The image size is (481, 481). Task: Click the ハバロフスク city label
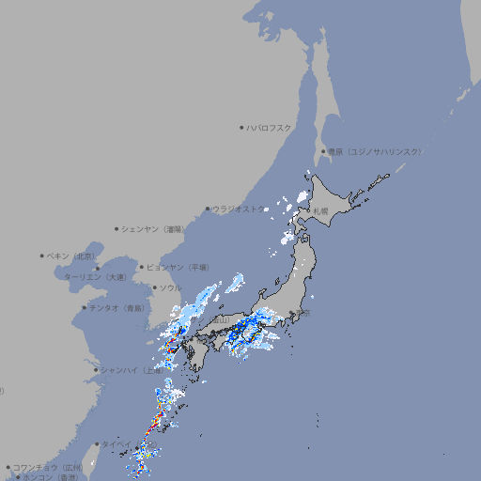tap(270, 127)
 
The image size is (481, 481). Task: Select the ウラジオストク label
tap(240, 209)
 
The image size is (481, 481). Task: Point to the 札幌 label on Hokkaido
tap(321, 211)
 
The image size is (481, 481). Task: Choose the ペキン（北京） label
tap(72, 256)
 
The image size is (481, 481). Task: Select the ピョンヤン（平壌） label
tap(179, 268)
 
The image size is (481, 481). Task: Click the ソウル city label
tap(170, 288)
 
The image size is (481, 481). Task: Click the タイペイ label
tap(117, 444)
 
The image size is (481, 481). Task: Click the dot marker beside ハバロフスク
tap(241, 127)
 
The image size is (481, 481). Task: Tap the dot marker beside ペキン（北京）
tap(42, 256)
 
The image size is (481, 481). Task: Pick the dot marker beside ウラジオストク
tap(208, 209)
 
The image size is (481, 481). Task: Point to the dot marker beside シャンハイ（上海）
tap(96, 370)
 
